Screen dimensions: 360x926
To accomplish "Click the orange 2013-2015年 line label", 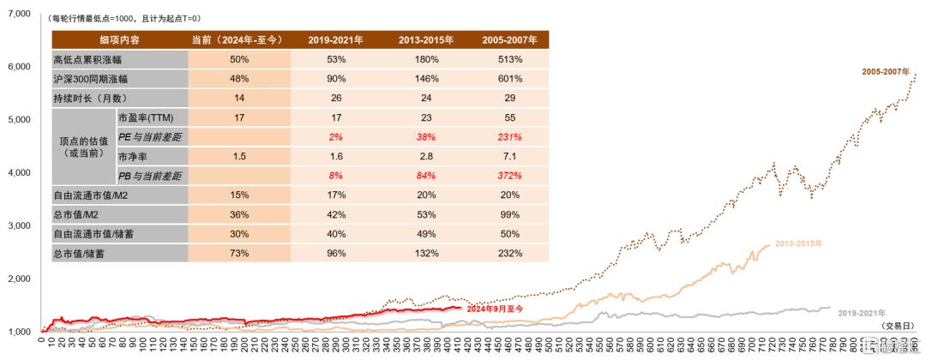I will (x=799, y=244).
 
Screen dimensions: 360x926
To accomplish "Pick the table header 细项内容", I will (x=119, y=40).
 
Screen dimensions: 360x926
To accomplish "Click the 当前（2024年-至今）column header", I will (x=239, y=40).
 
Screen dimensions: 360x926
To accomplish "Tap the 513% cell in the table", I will (x=509, y=60).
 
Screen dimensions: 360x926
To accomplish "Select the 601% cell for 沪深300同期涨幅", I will (x=509, y=79).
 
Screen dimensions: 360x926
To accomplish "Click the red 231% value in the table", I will (x=509, y=137).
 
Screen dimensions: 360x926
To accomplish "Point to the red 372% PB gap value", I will (x=509, y=176).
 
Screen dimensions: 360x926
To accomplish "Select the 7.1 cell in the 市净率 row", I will (x=509, y=157).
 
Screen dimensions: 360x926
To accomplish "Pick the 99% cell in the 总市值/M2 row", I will (x=509, y=214).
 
